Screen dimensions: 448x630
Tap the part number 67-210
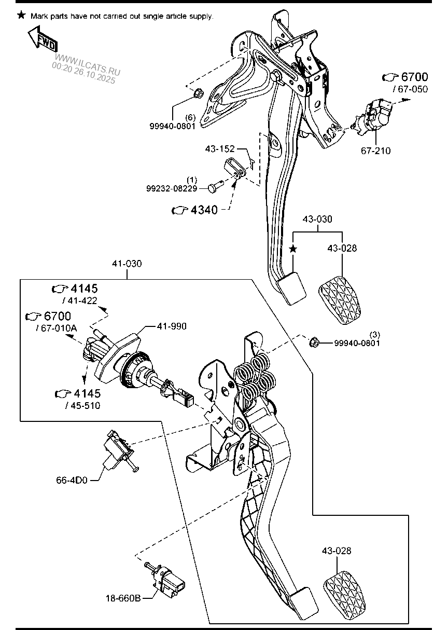coord(375,150)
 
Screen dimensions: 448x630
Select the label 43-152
coord(219,148)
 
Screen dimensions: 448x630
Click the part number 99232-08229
coord(172,188)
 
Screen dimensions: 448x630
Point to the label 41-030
coord(127,264)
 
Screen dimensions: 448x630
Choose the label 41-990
coord(172,326)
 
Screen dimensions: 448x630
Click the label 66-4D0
coord(72,480)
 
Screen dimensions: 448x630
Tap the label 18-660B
coord(123,598)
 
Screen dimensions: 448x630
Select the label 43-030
coord(317,219)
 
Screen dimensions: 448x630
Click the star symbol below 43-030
coord(293,249)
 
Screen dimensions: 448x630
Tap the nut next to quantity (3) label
coord(314,342)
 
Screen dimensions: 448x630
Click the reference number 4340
coord(204,210)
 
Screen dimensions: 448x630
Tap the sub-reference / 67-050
coord(410,89)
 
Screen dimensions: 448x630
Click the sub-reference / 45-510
coord(82,406)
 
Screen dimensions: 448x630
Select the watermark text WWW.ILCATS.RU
coord(88,65)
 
